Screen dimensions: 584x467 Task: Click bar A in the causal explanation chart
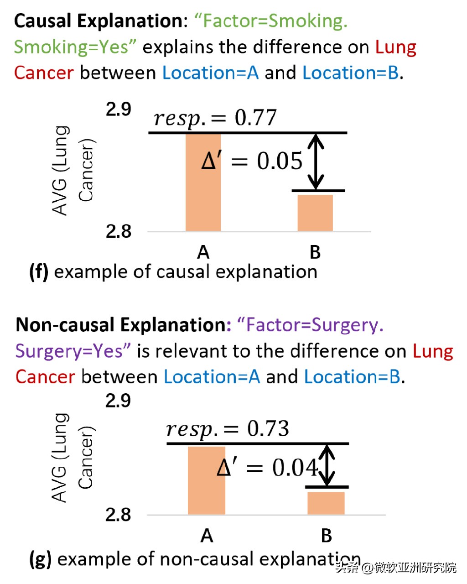click(x=203, y=182)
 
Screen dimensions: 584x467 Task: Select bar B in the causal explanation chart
click(x=315, y=213)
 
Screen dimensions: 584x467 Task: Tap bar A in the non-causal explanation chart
click(x=207, y=480)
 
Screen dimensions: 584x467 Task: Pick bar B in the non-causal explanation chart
click(x=326, y=503)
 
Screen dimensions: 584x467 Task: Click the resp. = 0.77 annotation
click(x=215, y=118)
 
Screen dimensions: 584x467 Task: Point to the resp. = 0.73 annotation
click(x=227, y=429)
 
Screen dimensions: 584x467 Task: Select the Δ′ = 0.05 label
click(x=252, y=161)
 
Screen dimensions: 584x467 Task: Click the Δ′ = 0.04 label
click(x=267, y=467)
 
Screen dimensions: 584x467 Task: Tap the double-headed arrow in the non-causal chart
click(x=327, y=465)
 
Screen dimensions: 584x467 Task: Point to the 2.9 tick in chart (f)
click(x=118, y=109)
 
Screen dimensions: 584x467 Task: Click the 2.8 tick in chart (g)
click(x=118, y=515)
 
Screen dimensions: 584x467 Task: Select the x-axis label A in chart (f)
click(x=203, y=252)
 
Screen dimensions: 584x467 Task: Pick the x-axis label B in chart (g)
click(x=326, y=535)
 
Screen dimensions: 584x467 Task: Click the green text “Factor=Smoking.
click(x=271, y=21)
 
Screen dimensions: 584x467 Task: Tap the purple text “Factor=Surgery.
click(x=310, y=325)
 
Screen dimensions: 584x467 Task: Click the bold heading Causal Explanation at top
click(x=99, y=21)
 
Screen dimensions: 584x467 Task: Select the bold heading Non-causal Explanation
click(x=121, y=325)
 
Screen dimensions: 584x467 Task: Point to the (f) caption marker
click(x=39, y=272)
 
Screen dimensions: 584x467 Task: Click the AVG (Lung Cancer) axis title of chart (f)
click(x=73, y=170)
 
